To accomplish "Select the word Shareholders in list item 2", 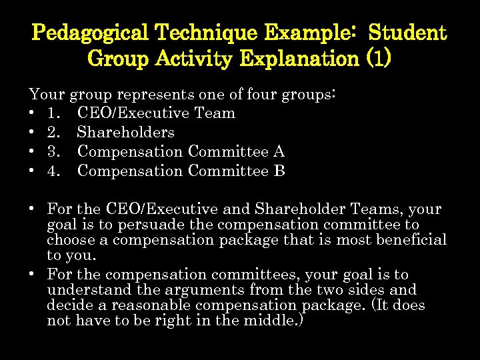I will click(125, 133).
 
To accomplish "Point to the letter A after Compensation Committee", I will click(278, 152).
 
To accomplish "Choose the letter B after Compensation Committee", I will click(279, 171).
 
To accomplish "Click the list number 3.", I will click(53, 152).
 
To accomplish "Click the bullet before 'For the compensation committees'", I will click(32, 275).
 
